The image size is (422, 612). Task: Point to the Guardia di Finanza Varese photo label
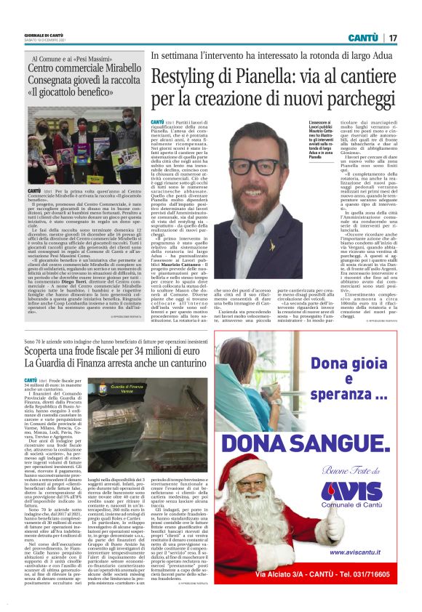point(127,390)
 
